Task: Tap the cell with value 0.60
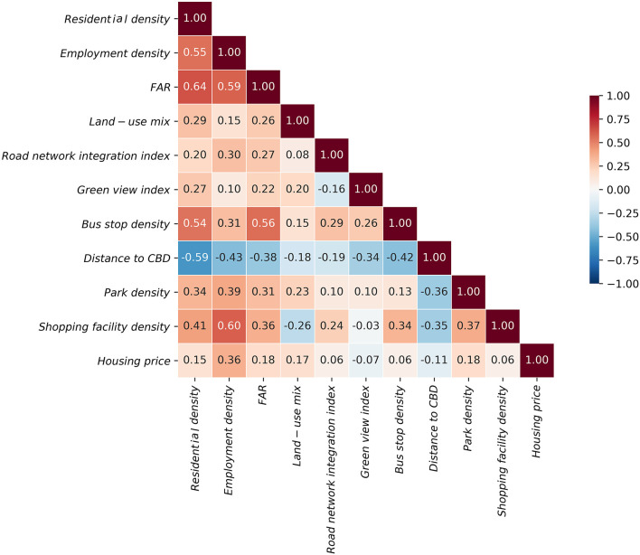click(x=229, y=326)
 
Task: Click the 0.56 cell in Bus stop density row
click(x=263, y=223)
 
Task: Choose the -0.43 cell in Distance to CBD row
click(x=229, y=258)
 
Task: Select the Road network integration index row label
click(x=86, y=155)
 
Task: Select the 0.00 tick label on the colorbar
click(x=623, y=190)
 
